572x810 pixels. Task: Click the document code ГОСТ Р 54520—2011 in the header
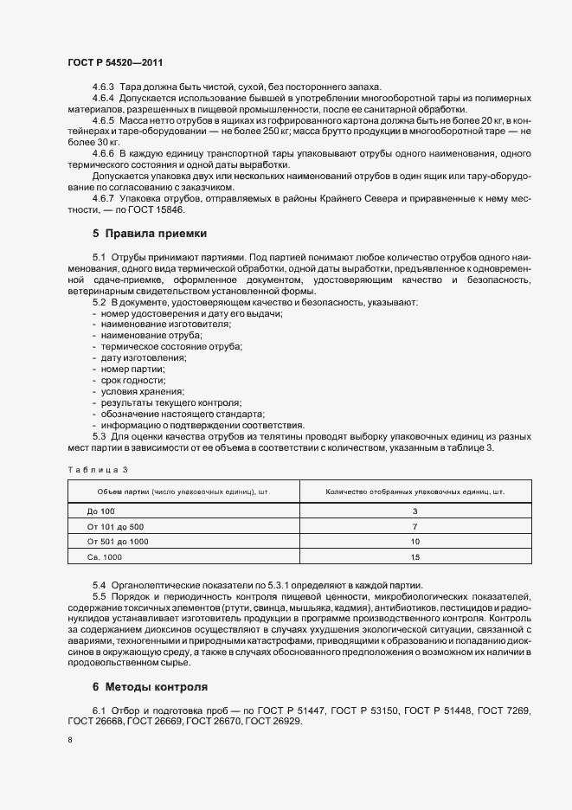click(x=115, y=63)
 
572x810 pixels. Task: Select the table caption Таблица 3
click(x=97, y=469)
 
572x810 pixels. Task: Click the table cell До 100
click(x=101, y=511)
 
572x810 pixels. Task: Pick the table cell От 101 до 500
click(x=116, y=526)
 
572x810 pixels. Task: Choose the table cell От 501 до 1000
click(x=119, y=541)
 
